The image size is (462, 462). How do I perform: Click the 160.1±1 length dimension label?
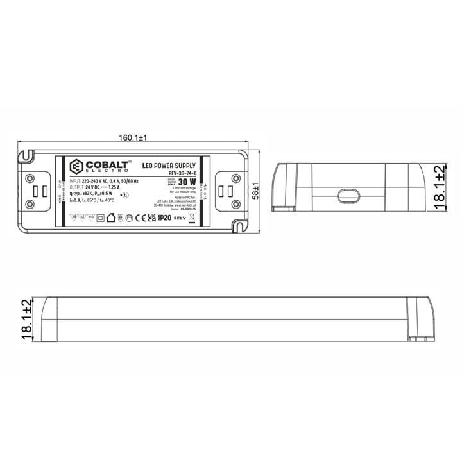[133, 138]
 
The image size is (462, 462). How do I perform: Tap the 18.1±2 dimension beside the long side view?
[26, 319]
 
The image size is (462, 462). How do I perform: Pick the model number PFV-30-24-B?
[180, 173]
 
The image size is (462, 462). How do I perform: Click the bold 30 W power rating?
[189, 182]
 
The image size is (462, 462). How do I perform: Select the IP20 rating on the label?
[165, 218]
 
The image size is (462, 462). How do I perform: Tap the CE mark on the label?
[140, 218]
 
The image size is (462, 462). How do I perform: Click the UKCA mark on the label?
[151, 218]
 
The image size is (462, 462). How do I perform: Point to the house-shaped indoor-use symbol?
[110, 218]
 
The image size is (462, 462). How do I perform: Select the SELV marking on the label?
[180, 219]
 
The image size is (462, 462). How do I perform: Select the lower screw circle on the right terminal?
[235, 204]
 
